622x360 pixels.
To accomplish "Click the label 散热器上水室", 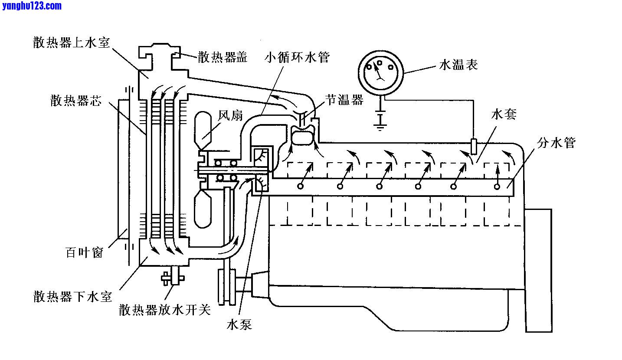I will pyautogui.click(x=72, y=42).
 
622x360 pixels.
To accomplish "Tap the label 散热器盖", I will pyautogui.click(x=223, y=57).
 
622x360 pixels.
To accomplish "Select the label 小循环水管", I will pyautogui.click(x=298, y=57).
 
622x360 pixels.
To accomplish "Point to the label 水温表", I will pyautogui.click(x=458, y=65).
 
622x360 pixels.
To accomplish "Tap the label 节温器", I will pyautogui.click(x=344, y=100).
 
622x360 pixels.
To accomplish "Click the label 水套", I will pyautogui.click(x=504, y=115).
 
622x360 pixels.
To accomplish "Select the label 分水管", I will pyautogui.click(x=557, y=143).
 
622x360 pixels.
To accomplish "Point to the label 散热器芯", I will pyautogui.click(x=75, y=101).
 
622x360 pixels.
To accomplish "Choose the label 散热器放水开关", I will pyautogui.click(x=165, y=310).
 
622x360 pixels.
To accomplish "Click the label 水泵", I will pyautogui.click(x=239, y=324).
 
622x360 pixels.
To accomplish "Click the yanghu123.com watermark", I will pyautogui.click(x=32, y=6).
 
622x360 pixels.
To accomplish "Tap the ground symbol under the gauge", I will pyautogui.click(x=380, y=123).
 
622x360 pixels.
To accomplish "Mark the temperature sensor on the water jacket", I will pyautogui.click(x=474, y=146).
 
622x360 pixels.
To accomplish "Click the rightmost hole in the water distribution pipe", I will pyautogui.click(x=497, y=187).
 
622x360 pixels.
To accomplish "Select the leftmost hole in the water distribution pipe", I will pyautogui.click(x=300, y=186).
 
